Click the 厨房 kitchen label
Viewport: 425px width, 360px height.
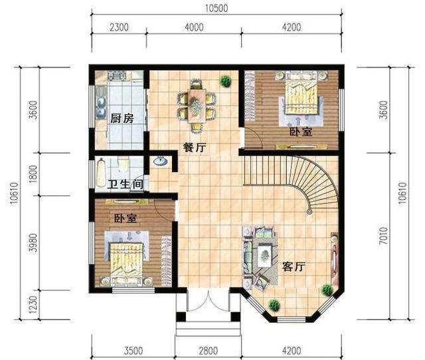[x=122, y=118]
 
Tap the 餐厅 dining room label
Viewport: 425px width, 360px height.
[x=195, y=147]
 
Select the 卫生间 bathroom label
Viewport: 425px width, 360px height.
[x=126, y=185]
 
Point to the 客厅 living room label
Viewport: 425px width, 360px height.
[x=294, y=267]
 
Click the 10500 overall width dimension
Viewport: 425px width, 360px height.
[x=216, y=9]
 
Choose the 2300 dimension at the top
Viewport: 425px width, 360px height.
[x=119, y=27]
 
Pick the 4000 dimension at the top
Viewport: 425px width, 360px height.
[x=194, y=27]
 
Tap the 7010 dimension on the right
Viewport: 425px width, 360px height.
[x=384, y=236]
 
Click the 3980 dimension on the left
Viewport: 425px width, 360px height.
[x=33, y=243]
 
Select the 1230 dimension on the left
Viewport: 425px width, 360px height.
[x=33, y=304]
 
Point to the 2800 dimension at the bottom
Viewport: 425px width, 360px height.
[x=208, y=351]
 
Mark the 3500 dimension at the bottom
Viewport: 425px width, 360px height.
[x=133, y=351]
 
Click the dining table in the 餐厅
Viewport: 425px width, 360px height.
[x=197, y=105]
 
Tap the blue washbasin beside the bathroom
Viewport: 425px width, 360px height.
[x=161, y=161]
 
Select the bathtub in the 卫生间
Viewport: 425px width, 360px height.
[x=101, y=173]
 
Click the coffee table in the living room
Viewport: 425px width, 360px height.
[x=264, y=255]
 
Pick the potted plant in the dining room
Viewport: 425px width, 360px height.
[x=225, y=81]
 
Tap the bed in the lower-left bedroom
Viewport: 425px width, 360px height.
[x=126, y=263]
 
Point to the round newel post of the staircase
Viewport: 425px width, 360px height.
[x=309, y=211]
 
